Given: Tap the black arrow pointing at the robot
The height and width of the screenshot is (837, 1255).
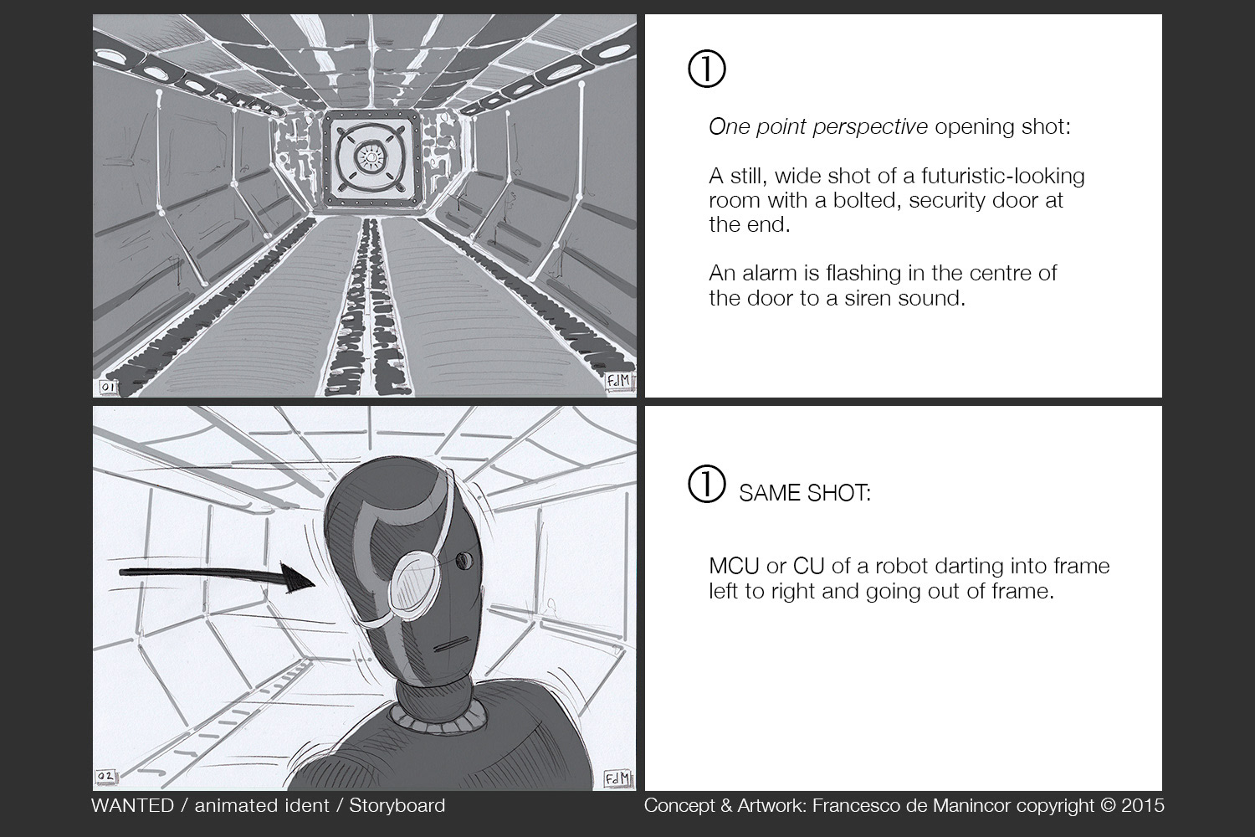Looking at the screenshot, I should point(214,575).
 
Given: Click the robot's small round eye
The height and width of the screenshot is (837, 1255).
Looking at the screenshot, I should point(464,558).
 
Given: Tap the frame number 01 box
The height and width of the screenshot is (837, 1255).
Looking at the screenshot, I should point(107,388).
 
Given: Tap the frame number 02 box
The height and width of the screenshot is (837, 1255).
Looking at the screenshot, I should point(106,778).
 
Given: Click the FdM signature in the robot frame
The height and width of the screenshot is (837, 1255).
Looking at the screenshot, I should point(617,779).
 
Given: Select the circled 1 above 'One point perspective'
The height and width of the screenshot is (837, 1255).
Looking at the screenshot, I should point(706,69).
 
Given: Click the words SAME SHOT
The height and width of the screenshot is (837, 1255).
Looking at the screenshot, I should point(804,493).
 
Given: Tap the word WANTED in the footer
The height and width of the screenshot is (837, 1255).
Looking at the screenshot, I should point(132,805).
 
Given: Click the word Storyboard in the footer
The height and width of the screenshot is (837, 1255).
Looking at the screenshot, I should point(397,805).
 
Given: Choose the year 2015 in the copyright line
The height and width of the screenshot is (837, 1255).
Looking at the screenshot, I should point(1143,805).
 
